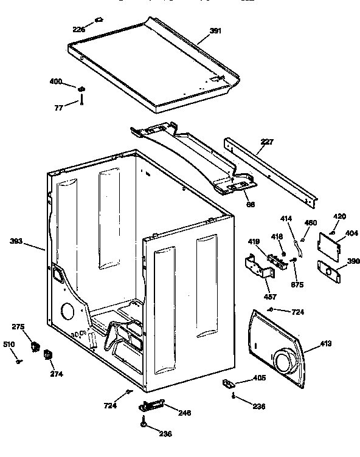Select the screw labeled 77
point(81,103)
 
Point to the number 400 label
point(55,81)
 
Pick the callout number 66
point(250,204)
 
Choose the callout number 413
point(326,343)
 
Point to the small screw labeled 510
point(19,362)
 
